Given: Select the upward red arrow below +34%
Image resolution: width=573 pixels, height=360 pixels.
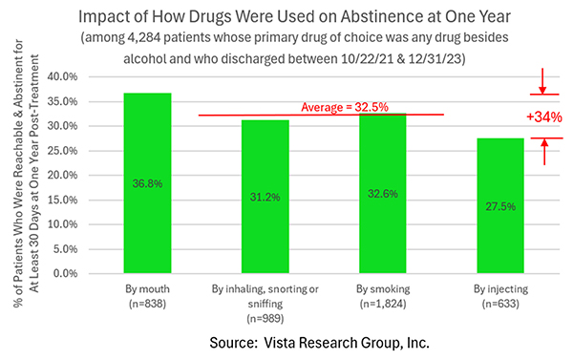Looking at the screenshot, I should (541, 150).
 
